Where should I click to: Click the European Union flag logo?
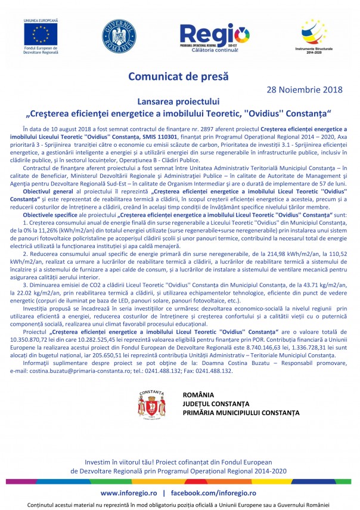(x=41, y=33)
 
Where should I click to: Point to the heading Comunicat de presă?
(x=179, y=76)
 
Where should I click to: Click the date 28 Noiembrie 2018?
(x=304, y=89)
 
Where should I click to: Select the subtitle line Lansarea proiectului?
(x=179, y=101)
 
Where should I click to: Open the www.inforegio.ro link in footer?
(x=129, y=493)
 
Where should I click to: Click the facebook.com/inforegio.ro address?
(x=213, y=493)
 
